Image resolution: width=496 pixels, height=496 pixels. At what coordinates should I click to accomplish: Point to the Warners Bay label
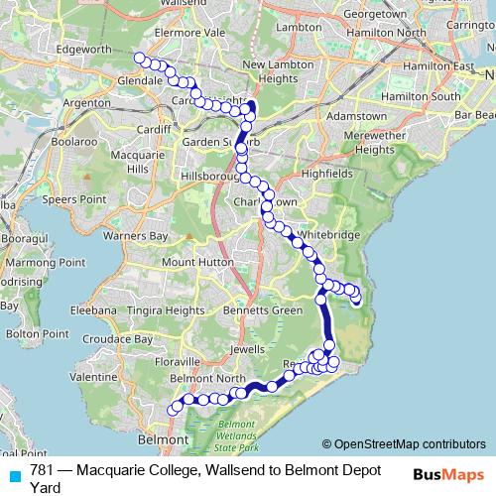pyautogui.click(x=136, y=236)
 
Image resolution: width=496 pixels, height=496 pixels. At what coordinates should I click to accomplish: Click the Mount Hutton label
pyautogui.click(x=193, y=262)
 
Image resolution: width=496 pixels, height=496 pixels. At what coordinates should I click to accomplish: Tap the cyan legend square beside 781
pyautogui.click(x=13, y=474)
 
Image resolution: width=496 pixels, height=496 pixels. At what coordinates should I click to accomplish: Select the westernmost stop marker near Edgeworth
pyautogui.click(x=139, y=58)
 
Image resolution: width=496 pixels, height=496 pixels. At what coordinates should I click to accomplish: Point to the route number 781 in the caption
pyautogui.click(x=42, y=469)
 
